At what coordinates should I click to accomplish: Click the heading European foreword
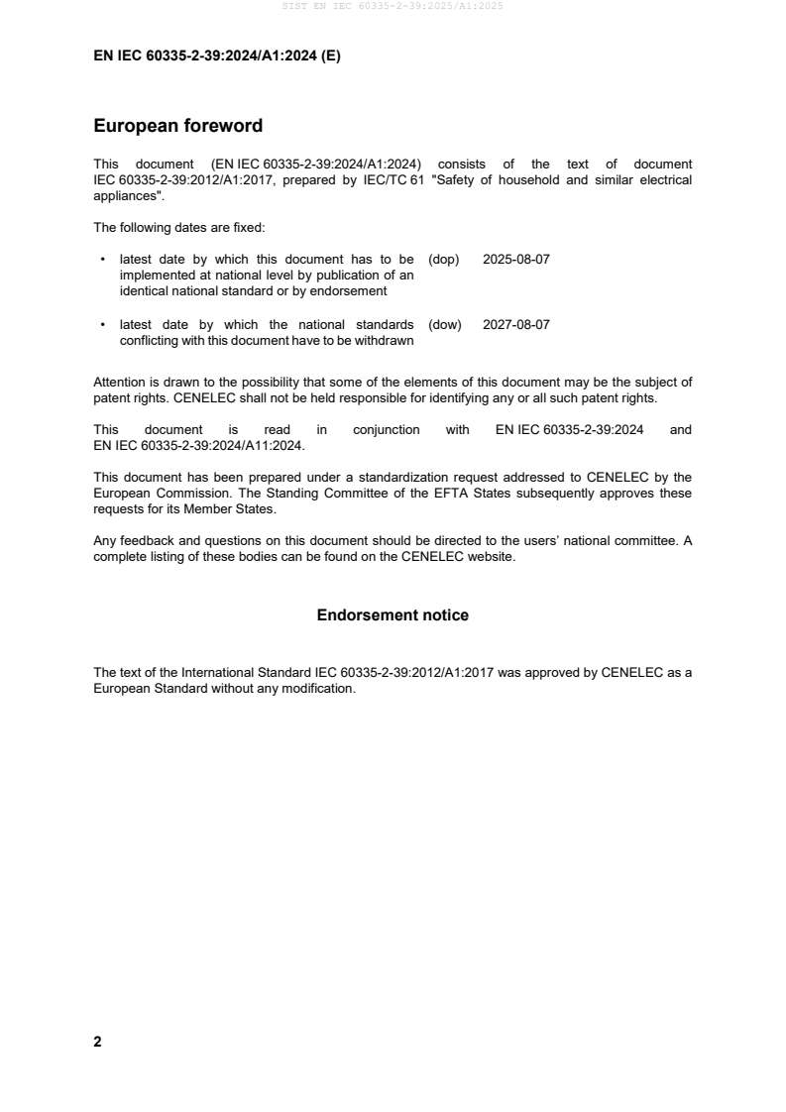click(x=177, y=126)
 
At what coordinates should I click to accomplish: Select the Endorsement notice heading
click(x=393, y=615)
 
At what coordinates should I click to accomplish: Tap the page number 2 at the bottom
click(x=97, y=1042)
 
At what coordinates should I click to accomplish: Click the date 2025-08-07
click(x=515, y=260)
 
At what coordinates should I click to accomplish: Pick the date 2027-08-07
click(x=515, y=325)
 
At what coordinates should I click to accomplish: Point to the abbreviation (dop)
click(x=445, y=260)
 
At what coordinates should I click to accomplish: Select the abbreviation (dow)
click(x=445, y=325)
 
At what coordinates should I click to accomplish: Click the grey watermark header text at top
click(x=393, y=6)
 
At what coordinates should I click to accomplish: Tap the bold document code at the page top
click(x=216, y=56)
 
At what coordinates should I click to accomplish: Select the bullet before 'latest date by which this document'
click(x=103, y=260)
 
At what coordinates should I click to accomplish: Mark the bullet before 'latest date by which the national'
click(x=103, y=325)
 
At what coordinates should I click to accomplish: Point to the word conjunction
click(x=386, y=430)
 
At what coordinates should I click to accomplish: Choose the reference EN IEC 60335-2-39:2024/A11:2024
click(x=197, y=446)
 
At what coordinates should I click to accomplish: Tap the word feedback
click(x=144, y=541)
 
